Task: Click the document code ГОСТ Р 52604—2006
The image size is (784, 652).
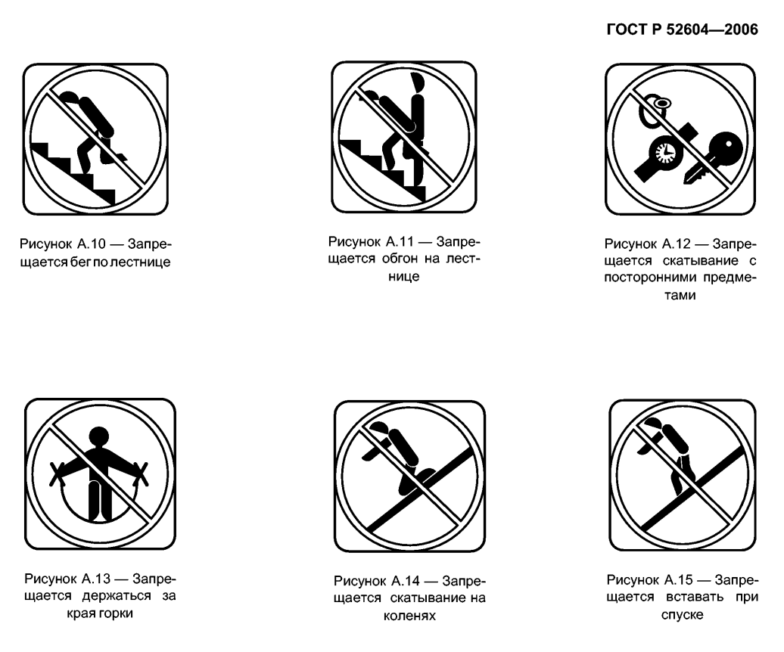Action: tap(682, 29)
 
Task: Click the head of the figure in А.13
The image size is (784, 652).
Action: tap(98, 436)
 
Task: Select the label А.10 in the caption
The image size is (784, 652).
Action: tap(91, 244)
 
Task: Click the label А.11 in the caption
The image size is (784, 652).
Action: tap(400, 241)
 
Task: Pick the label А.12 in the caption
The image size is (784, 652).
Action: tap(676, 244)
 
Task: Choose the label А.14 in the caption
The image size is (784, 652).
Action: tap(405, 581)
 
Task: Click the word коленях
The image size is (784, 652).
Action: tap(409, 616)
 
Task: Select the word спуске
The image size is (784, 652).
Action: tap(682, 614)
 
